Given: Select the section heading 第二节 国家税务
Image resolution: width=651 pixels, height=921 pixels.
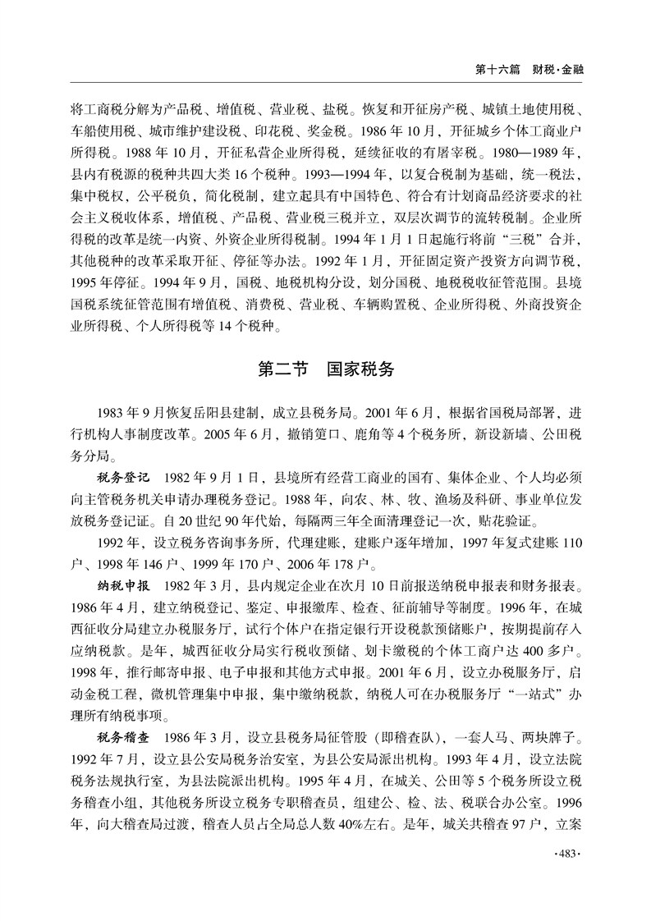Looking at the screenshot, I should point(326,369).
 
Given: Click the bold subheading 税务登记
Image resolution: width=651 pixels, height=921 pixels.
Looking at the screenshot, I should point(121,476).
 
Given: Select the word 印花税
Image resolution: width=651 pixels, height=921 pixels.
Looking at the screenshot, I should point(321,131).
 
